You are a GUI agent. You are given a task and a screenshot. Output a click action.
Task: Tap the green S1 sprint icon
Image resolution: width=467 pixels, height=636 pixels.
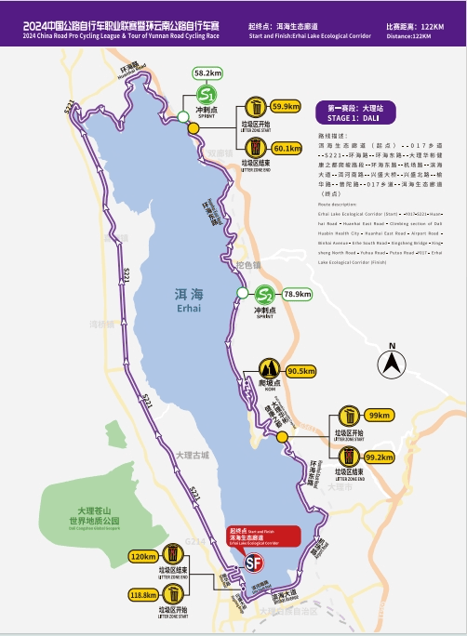tap(208, 95)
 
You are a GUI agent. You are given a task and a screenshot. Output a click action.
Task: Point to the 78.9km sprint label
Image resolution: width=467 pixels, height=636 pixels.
tap(298, 294)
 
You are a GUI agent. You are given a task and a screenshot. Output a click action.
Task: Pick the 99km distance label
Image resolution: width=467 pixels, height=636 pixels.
tap(380, 416)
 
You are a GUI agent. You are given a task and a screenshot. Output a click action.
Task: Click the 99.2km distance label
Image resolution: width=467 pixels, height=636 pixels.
tap(380, 457)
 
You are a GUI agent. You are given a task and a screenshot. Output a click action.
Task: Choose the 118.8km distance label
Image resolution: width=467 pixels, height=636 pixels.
tap(143, 596)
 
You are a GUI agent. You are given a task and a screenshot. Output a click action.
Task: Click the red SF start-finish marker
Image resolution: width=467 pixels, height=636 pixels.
tap(252, 563)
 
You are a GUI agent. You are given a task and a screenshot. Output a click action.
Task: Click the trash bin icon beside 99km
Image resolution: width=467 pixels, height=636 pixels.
tap(347, 415)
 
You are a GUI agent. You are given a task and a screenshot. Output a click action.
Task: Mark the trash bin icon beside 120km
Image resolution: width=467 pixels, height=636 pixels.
tap(174, 555)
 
